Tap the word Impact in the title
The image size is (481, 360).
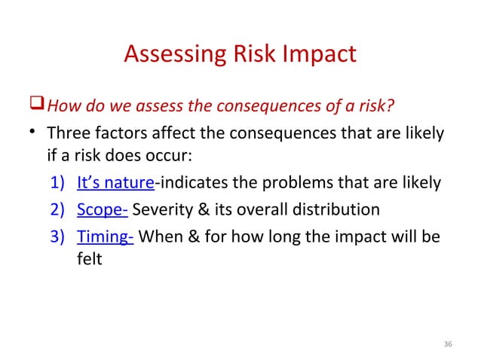click(x=321, y=56)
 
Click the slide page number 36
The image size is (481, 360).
click(x=448, y=344)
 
